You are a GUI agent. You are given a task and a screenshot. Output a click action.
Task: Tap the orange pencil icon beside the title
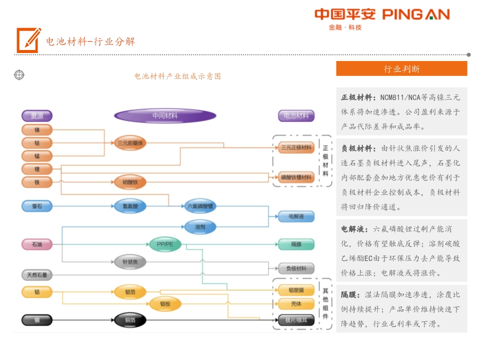pos(28,40)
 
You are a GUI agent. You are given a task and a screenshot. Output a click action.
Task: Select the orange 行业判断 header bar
pos(401,69)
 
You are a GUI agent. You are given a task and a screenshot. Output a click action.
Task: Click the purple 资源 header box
pos(37,116)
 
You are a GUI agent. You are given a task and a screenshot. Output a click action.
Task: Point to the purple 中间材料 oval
pos(165,116)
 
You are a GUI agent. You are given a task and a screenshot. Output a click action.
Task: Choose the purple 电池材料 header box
pos(296,116)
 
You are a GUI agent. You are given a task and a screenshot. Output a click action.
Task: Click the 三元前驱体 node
pos(130,143)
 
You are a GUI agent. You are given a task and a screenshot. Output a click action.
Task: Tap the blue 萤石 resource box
pos(37,205)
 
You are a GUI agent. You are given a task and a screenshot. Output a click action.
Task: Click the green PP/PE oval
pos(164,244)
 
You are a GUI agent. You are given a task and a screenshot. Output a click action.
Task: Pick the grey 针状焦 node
pos(130,261)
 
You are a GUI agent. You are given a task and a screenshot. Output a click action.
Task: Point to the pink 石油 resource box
pos(37,244)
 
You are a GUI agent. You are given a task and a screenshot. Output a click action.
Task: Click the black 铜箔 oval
pos(130,320)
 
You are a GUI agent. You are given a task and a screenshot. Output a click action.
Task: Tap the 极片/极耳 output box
pos(296,320)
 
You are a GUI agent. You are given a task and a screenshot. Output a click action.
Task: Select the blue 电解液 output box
pos(296,216)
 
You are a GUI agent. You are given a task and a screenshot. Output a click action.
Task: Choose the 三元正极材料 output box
pos(296,147)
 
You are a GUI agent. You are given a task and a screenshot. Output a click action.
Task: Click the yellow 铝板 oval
pos(165,303)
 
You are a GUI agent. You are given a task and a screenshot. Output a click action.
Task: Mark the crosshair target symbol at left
pos(19,75)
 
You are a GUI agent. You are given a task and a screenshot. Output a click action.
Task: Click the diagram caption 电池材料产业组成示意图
pos(177,76)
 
